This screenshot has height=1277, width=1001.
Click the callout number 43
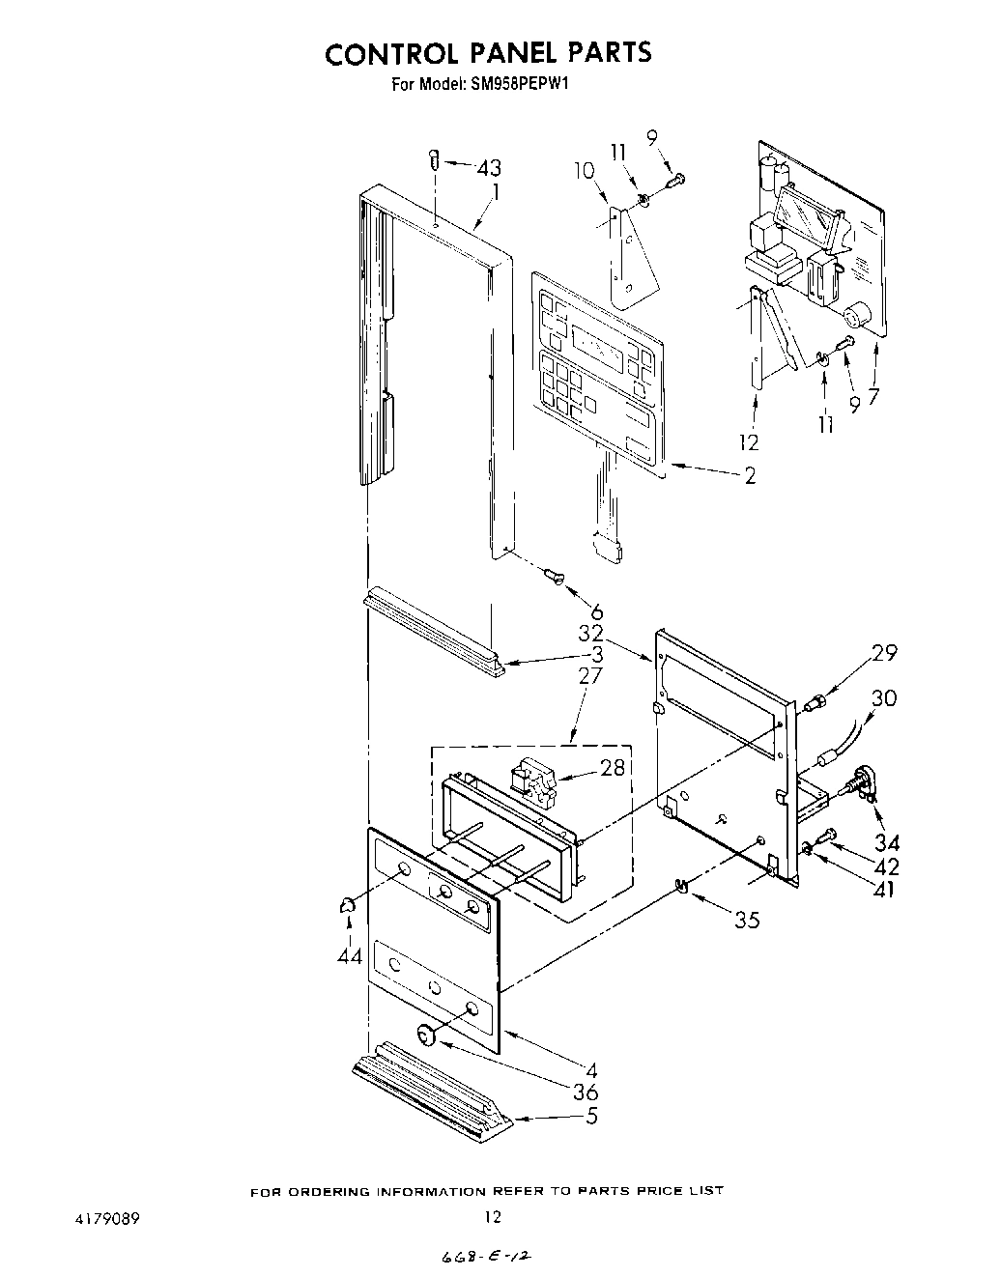490,167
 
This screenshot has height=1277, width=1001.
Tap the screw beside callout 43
435,159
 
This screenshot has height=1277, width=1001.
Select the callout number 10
584,171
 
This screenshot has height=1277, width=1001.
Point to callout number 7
873,396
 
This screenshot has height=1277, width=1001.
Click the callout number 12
749,442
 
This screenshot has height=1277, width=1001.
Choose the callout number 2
750,475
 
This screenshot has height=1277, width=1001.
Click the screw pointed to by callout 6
554,577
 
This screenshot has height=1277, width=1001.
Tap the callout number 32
590,634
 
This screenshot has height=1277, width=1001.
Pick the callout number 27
589,675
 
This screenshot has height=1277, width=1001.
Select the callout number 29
884,654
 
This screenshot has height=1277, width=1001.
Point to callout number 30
884,698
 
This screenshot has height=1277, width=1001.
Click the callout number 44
349,955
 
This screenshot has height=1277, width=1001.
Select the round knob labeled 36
426,1035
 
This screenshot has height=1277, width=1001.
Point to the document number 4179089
104,1218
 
